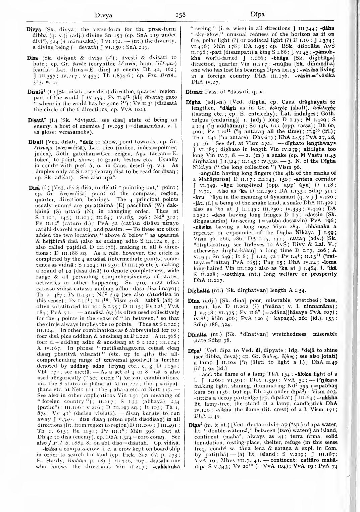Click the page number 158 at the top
click(x=180, y=14)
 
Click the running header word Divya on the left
click(x=104, y=15)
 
